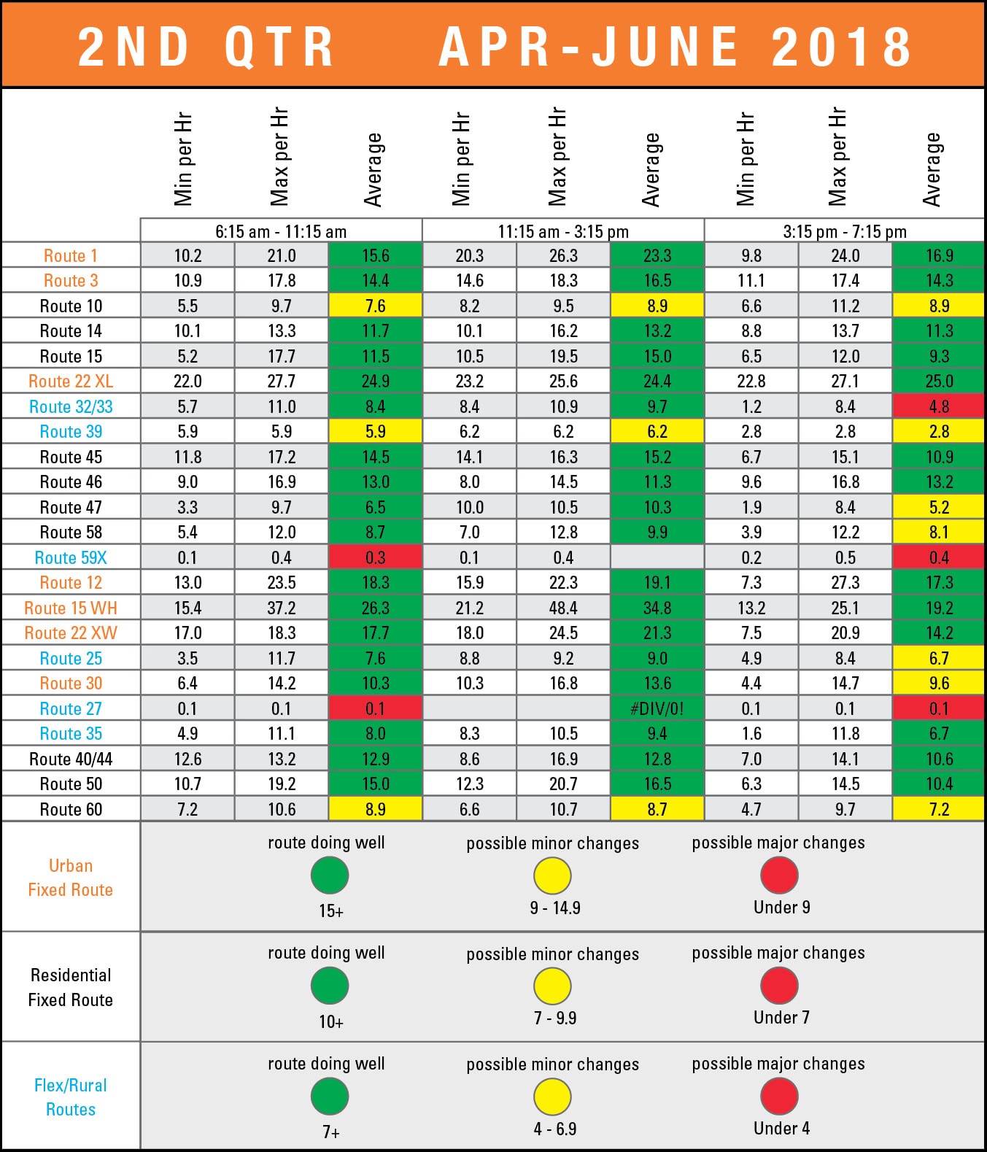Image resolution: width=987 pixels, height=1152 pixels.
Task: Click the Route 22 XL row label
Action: (71, 381)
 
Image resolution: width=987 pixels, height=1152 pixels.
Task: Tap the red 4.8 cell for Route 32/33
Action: (939, 406)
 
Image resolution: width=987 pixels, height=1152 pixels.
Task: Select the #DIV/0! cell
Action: (657, 708)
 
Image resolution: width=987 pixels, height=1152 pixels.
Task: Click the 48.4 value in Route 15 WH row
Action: (563, 608)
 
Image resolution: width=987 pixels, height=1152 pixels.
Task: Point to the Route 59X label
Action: (71, 557)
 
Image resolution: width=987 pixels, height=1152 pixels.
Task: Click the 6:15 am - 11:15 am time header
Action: (281, 231)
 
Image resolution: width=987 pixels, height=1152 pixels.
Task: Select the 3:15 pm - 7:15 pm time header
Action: (845, 231)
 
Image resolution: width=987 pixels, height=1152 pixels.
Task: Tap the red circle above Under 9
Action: (779, 875)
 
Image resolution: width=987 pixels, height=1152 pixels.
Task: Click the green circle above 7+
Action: (330, 1096)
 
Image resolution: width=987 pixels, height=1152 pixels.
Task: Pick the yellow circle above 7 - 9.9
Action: (552, 986)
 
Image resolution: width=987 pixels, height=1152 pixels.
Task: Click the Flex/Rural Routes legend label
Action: (71, 1097)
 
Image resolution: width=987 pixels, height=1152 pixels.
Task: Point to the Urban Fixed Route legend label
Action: (71, 877)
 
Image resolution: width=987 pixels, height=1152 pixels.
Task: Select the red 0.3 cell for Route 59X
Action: (375, 557)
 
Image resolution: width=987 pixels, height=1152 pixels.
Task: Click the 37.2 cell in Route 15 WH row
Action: (282, 608)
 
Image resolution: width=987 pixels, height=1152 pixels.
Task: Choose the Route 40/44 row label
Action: (71, 759)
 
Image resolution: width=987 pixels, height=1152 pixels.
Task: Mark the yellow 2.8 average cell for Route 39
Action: (939, 431)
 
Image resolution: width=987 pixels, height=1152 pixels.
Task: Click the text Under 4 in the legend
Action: (781, 1128)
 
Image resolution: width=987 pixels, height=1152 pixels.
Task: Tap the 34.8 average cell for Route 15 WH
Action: (657, 608)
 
